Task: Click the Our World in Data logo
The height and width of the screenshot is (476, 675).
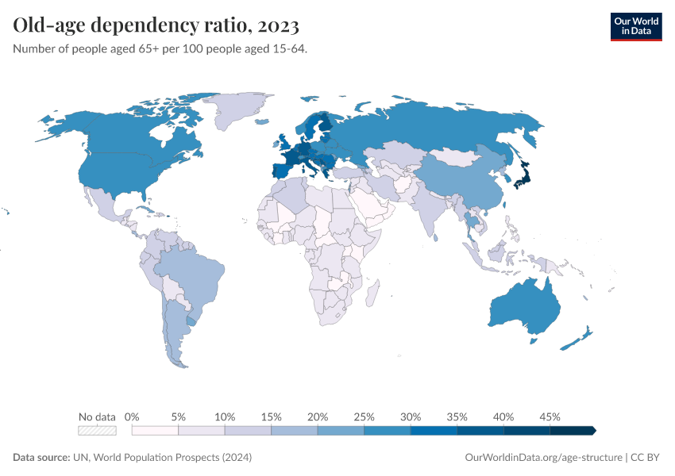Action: tap(635, 26)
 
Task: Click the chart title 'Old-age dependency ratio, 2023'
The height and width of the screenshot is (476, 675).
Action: tap(156, 26)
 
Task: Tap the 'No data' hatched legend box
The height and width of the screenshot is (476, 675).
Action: tap(97, 431)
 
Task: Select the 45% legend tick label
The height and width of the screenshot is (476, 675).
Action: tap(550, 416)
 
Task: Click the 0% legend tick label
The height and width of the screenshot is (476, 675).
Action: tap(132, 416)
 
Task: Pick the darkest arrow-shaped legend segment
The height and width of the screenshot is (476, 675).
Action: tap(573, 431)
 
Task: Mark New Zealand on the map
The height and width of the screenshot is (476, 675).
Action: tap(579, 337)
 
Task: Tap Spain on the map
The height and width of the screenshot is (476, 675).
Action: tap(280, 170)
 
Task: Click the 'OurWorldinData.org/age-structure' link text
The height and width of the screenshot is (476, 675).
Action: tap(543, 458)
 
